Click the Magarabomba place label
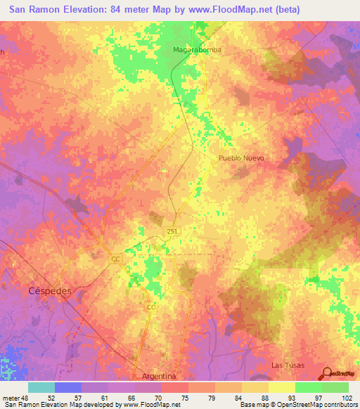(194, 50)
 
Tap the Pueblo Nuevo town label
(241, 158)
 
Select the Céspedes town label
(50, 290)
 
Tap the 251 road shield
(172, 231)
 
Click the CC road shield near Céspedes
(115, 259)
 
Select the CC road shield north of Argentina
(150, 308)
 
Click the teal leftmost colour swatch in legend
(41, 387)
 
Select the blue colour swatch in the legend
(68, 387)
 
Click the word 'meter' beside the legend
(12, 397)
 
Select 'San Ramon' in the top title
(35, 10)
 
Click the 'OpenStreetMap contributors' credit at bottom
(311, 405)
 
